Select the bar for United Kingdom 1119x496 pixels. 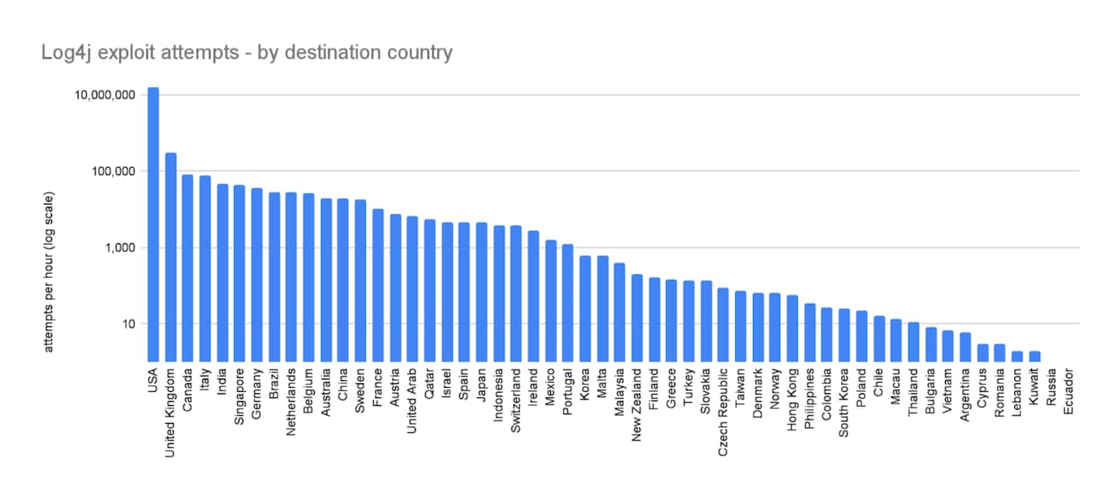click(171, 257)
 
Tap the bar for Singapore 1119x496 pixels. click(239, 272)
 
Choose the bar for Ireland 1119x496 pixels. click(533, 295)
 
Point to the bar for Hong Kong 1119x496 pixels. click(792, 327)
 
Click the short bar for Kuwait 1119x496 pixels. click(1034, 356)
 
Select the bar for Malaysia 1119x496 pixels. click(619, 312)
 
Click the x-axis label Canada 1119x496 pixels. click(188, 388)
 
